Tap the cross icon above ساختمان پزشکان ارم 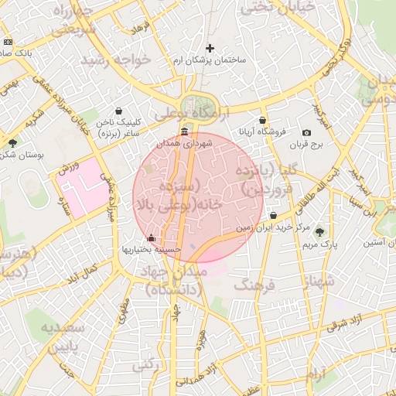210,48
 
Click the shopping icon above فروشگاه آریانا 263,120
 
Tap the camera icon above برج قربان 306,133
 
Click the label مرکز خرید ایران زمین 273,228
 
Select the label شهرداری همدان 183,143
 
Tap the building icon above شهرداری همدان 183,132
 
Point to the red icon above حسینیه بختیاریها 151,237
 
